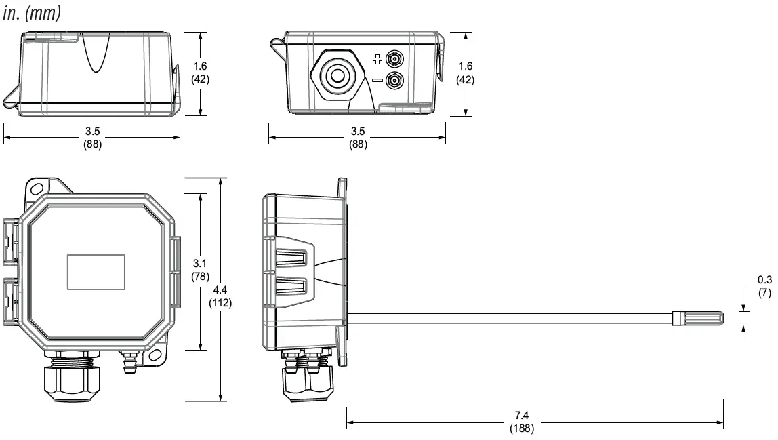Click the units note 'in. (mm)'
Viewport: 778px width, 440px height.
(32, 14)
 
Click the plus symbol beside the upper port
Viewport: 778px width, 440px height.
(377, 60)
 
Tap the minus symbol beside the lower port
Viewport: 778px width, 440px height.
(377, 81)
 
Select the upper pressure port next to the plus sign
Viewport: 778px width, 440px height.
(393, 60)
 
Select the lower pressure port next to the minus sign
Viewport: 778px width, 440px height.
(393, 81)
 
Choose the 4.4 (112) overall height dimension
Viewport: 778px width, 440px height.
(220, 297)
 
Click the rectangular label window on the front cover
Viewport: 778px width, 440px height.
(96, 271)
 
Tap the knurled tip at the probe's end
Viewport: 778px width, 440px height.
(697, 319)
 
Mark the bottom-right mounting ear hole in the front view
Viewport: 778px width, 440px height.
(155, 356)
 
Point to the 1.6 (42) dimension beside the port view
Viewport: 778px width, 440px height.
(465, 73)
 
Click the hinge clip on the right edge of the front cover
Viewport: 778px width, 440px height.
(176, 271)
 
